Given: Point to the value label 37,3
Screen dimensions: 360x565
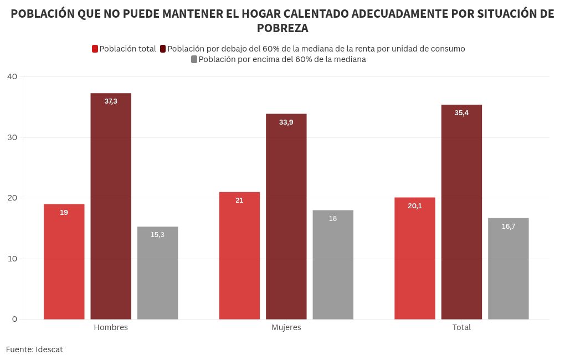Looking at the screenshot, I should [x=111, y=101].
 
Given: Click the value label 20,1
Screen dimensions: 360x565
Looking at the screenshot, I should [x=415, y=206].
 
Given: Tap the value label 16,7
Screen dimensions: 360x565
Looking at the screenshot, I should [x=508, y=226].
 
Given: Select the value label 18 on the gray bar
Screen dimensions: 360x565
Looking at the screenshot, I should [x=333, y=219].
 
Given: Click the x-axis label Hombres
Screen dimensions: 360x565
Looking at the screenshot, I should [x=111, y=327].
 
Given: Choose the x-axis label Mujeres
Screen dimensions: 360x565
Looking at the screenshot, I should [x=286, y=327].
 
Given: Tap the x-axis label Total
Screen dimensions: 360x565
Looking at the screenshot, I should [x=461, y=327].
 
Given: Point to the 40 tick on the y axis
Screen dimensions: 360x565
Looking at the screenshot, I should [x=12, y=76].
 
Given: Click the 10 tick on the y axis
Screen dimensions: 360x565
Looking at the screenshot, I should [x=12, y=259].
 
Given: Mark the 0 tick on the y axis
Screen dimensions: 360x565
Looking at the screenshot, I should [x=14, y=319].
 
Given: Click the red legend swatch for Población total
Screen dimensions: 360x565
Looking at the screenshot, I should [x=95, y=49].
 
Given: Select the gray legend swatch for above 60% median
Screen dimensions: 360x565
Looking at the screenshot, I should [x=194, y=59].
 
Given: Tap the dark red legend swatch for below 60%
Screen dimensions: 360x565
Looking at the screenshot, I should [x=163, y=49].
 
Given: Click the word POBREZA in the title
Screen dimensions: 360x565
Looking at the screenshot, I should [x=282, y=28].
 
